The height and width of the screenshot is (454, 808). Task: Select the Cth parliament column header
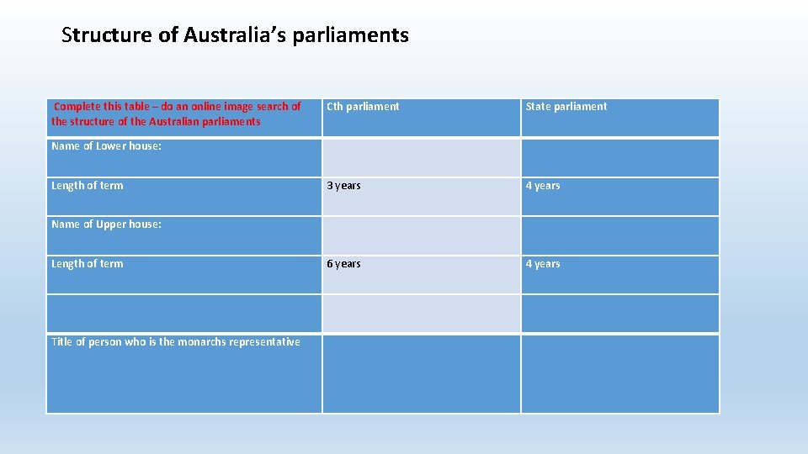pyautogui.click(x=363, y=107)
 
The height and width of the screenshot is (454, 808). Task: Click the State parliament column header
pyautogui.click(x=566, y=107)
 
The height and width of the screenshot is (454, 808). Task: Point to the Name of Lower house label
pyautogui.click(x=106, y=146)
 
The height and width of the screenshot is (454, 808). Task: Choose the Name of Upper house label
pyautogui.click(x=106, y=224)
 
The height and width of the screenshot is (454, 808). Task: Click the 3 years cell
pyautogui.click(x=343, y=186)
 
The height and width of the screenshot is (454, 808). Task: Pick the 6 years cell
pyautogui.click(x=343, y=264)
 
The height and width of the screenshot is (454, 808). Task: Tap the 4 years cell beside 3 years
pyautogui.click(x=542, y=186)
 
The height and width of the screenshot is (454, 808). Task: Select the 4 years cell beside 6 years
pyautogui.click(x=542, y=264)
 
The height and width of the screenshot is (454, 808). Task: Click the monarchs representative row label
pyautogui.click(x=175, y=341)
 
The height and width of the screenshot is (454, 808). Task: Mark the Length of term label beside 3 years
pyautogui.click(x=87, y=186)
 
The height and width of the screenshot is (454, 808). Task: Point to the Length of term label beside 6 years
pyautogui.click(x=87, y=264)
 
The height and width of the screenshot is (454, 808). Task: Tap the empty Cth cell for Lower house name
pyautogui.click(x=421, y=157)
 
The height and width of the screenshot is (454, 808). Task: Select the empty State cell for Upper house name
pyautogui.click(x=620, y=235)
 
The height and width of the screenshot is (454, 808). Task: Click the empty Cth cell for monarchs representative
pyautogui.click(x=421, y=373)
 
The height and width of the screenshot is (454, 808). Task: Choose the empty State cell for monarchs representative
pyautogui.click(x=620, y=373)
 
